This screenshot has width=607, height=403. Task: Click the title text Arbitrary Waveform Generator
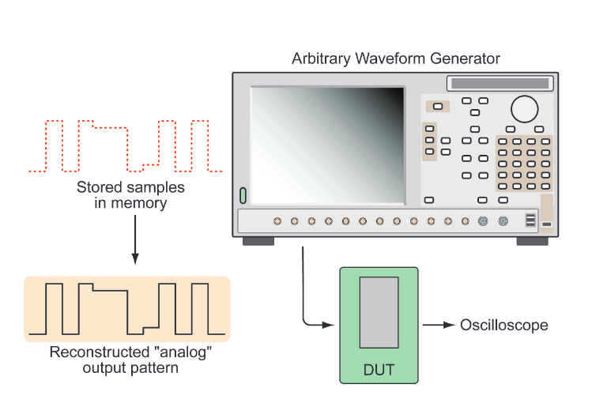point(395,59)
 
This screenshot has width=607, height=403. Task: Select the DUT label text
point(378,369)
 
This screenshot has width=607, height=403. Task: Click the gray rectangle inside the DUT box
point(379,312)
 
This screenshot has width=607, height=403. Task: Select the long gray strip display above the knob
point(499,83)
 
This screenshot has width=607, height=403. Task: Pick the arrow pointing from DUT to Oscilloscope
point(439,325)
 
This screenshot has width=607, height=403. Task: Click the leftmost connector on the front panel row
point(277,221)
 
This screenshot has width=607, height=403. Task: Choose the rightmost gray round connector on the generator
point(502,221)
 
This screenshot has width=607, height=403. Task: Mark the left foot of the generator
point(258,241)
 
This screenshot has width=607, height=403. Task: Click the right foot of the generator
point(532,241)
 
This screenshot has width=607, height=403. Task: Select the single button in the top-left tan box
point(437,106)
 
